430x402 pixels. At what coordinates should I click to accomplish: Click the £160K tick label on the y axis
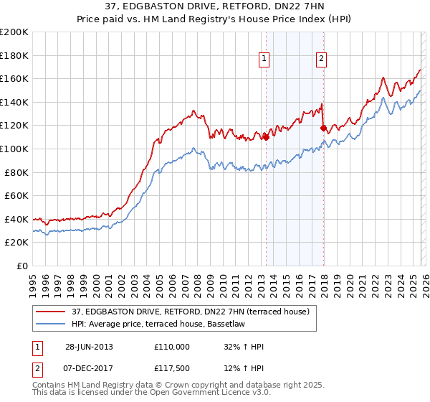[14, 79]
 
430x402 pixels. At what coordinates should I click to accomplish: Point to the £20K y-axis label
[16, 243]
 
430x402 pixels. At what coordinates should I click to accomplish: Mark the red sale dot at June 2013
[266, 136]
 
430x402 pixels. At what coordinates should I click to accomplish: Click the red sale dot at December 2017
[323, 128]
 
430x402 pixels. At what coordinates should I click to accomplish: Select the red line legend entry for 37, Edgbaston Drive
[190, 312]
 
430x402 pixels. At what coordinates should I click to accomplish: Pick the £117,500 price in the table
[172, 368]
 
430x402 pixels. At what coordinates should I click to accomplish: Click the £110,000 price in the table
[172, 347]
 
